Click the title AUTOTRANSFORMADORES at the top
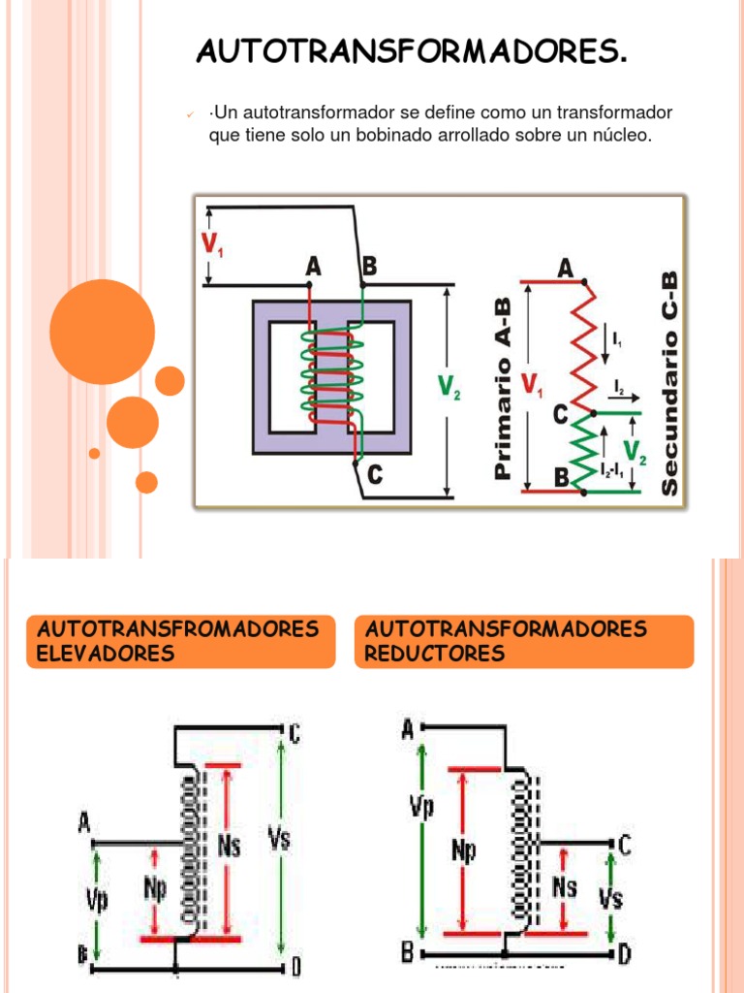(412, 51)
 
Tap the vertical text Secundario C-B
(669, 383)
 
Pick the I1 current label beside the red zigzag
(618, 339)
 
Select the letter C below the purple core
(374, 475)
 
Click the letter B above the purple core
(369, 266)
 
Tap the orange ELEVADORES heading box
(180, 641)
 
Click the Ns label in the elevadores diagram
(230, 846)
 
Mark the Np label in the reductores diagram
(465, 850)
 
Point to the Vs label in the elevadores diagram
(279, 839)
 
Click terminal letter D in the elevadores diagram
(295, 966)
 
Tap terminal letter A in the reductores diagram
(408, 729)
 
